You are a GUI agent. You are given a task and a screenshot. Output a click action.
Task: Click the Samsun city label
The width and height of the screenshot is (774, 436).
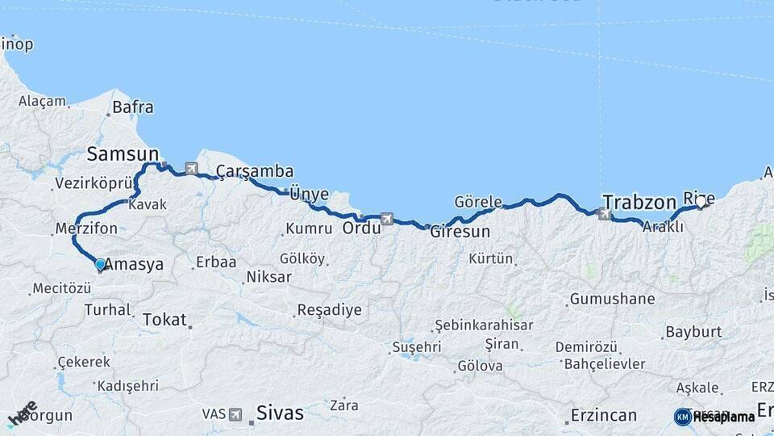pos(123,153)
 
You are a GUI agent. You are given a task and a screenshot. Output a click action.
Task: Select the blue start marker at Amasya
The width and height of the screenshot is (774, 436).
pos(99,264)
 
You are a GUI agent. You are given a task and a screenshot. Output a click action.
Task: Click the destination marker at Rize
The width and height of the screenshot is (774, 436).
pos(700,203)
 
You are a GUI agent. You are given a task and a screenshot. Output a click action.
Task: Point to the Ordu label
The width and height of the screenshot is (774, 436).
pos(361,228)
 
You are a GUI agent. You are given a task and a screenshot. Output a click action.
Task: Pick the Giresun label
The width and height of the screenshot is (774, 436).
pos(460,232)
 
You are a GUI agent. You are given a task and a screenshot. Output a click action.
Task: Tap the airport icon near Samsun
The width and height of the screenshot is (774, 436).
pos(191,169)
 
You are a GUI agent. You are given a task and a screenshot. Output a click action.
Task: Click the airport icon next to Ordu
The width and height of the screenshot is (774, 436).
pos(388,218)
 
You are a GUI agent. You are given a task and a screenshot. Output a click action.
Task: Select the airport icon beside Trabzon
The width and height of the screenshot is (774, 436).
pos(605,214)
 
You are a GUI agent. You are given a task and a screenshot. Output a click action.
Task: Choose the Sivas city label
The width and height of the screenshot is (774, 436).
pos(280,413)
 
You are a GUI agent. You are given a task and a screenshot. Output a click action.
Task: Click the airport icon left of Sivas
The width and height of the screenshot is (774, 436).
pos(235,414)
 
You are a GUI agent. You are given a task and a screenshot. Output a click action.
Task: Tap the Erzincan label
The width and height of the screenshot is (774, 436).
pos(603,415)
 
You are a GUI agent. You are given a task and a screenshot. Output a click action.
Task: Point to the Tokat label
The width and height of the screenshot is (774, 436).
pos(164,320)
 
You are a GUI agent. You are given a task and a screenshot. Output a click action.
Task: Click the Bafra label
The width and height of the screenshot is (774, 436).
pos(133,107)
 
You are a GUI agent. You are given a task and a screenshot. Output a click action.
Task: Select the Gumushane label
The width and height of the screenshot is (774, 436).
pos(612,299)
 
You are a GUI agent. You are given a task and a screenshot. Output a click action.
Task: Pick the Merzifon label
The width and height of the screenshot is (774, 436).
pos(86,228)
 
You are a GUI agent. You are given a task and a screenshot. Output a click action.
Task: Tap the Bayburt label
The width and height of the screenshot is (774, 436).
pos(693,332)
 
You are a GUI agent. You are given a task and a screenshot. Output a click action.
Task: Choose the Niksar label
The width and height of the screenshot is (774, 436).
pos(270,277)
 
